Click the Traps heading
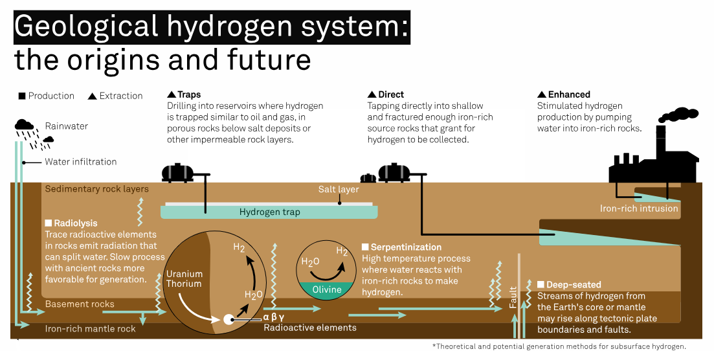188,95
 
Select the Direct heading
391,95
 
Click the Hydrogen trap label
269,212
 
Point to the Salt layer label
338,190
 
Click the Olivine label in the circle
326,289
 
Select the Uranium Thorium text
184,279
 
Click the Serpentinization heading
406,247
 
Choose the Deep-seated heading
574,285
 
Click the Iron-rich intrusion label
639,208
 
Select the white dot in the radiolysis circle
229,319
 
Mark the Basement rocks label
79,304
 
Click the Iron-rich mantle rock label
90,328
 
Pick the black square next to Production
22,96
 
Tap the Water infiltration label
80,161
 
